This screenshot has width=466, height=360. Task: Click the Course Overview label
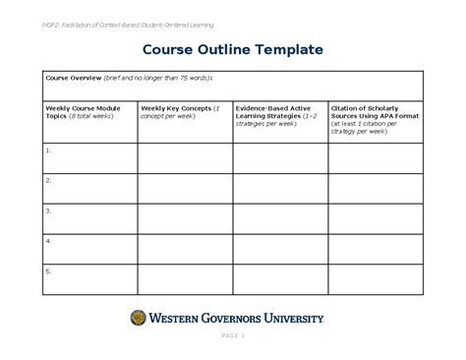(x=74, y=78)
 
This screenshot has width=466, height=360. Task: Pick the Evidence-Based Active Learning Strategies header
(x=277, y=114)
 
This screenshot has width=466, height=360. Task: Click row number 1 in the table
(x=48, y=150)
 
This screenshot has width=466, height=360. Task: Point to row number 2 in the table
(x=48, y=181)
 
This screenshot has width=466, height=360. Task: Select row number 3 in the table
(x=48, y=210)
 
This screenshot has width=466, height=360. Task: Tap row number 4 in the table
(x=48, y=240)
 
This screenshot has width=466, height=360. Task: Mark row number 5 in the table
(x=48, y=270)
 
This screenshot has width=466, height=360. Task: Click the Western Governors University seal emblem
(x=138, y=317)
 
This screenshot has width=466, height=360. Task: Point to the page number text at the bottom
(x=233, y=338)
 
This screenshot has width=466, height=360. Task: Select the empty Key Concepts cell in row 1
(x=184, y=157)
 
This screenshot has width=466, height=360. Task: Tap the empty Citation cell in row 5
(x=375, y=274)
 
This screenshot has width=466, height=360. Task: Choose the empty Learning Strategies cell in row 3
(x=279, y=216)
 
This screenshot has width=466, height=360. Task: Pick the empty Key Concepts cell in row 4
(x=184, y=246)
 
